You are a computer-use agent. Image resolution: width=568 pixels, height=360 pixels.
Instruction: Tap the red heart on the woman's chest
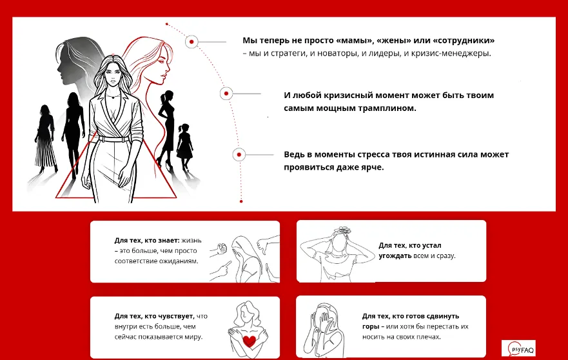click(x=250, y=341)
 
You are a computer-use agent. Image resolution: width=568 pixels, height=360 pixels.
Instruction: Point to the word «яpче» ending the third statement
click(x=373, y=168)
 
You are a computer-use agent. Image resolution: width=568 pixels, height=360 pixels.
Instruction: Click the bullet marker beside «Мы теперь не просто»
click(x=191, y=42)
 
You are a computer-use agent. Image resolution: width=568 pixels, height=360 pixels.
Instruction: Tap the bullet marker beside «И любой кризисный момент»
click(x=226, y=94)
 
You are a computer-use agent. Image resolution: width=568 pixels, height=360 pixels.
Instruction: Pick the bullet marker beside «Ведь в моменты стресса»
click(x=239, y=154)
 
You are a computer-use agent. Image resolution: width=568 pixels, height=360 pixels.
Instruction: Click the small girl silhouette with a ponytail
click(x=185, y=146)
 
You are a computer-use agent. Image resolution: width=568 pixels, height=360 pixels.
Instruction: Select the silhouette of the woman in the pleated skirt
click(x=45, y=139)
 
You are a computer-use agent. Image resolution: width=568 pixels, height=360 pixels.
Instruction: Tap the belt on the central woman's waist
click(x=113, y=139)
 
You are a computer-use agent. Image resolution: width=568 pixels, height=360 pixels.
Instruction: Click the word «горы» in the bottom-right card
click(x=371, y=326)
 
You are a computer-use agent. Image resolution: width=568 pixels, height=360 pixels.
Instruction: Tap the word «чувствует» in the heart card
click(x=176, y=316)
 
